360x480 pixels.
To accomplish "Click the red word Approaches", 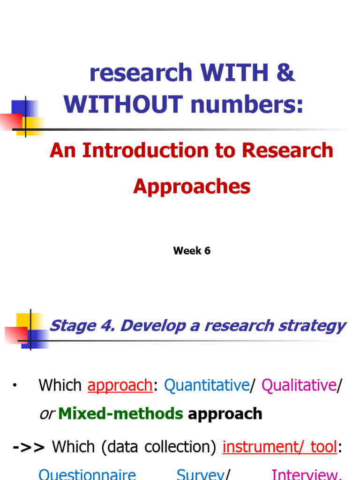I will click(192, 187).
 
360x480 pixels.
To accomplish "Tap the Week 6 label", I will click(192, 251).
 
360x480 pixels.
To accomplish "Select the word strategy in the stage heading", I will click(310, 326).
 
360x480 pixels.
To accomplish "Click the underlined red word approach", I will click(120, 385).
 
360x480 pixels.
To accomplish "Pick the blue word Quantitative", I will click(206, 385).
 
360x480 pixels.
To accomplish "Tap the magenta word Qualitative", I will click(299, 385).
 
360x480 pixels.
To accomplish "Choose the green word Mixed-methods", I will click(120, 413).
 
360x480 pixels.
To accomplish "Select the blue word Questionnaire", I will click(87, 475).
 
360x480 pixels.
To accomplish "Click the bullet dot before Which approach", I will click(15, 385).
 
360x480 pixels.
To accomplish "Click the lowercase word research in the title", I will click(141, 73).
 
